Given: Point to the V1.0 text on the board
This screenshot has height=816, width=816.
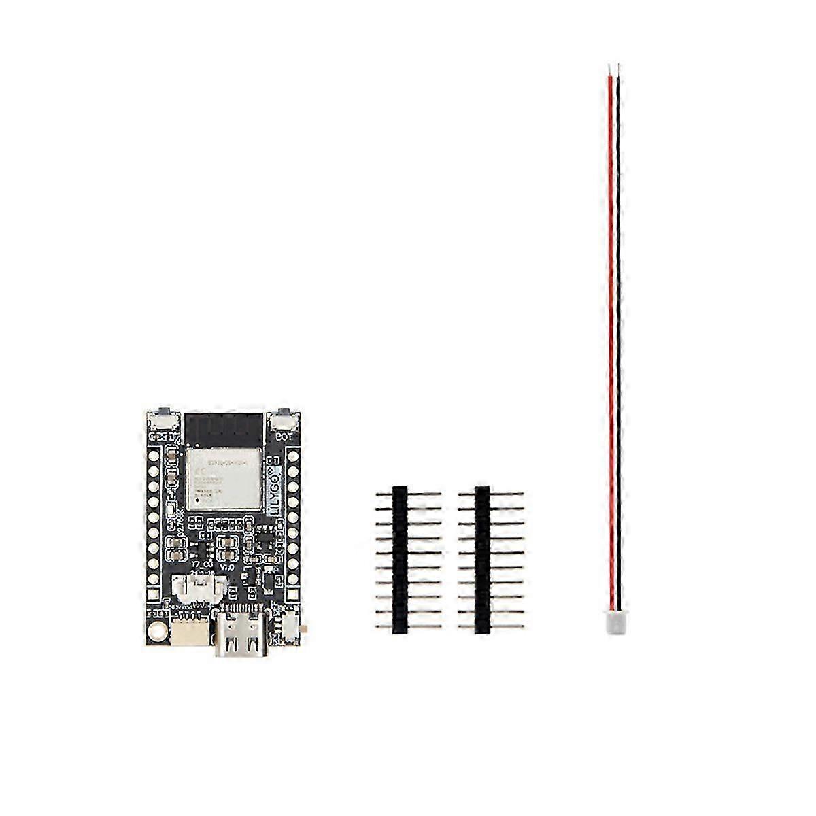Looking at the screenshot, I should click(x=226, y=566).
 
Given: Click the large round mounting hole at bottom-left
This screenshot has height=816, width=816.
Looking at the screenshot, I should click(x=158, y=630).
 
